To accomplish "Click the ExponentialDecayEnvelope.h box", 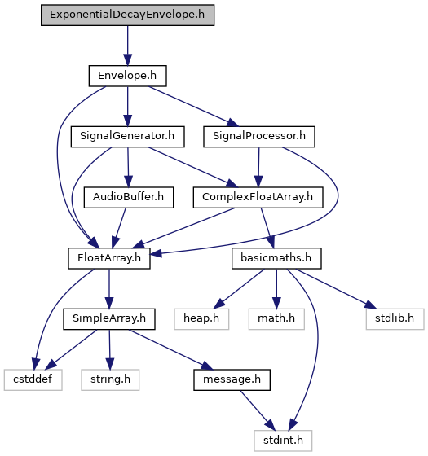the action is [127, 15].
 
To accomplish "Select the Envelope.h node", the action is [127, 76].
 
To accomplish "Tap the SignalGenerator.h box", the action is [127, 137].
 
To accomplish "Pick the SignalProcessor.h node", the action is [259, 137].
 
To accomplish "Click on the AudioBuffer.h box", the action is [129, 197].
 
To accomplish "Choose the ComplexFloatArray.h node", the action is [258, 197].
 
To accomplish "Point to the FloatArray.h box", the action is [109, 258].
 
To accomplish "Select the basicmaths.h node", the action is [276, 258].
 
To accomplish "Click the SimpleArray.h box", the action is [109, 319].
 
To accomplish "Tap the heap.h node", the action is [201, 319].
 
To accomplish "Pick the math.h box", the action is [276, 319].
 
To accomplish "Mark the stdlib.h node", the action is [395, 319].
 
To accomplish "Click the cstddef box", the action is [33, 379].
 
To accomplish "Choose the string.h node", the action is [110, 379].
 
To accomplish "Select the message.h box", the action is [232, 379].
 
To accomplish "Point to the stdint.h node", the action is [283, 441].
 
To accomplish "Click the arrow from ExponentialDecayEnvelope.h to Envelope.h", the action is [127, 46].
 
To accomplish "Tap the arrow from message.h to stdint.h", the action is [258, 410].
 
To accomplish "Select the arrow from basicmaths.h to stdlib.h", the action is [336, 289].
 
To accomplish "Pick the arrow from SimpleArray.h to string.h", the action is [109, 349].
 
